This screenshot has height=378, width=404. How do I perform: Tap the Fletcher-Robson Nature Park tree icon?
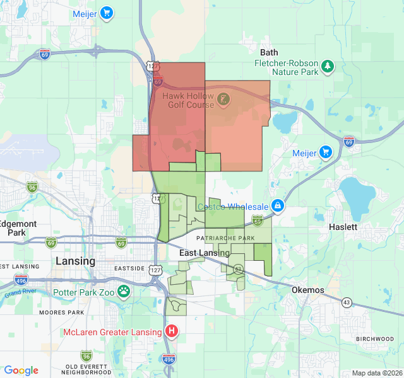point(327,66)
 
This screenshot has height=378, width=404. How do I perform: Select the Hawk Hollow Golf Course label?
point(187,100)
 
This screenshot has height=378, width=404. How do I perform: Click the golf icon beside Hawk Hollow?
point(223,99)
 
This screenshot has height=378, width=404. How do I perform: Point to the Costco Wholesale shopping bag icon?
point(277,205)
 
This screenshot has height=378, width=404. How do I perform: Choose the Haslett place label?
point(343,227)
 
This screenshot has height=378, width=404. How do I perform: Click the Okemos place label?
point(308,290)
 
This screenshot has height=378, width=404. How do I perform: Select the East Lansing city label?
point(204,253)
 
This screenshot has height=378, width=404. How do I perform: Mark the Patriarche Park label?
point(225,238)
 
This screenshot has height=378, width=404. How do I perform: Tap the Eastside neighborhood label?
point(129,268)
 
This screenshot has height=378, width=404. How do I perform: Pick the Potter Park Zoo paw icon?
point(125,291)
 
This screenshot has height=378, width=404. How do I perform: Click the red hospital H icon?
point(171,331)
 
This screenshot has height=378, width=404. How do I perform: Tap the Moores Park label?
point(61,312)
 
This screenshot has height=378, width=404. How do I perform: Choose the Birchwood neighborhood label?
point(374,339)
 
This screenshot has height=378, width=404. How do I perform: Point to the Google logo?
point(21,370)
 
